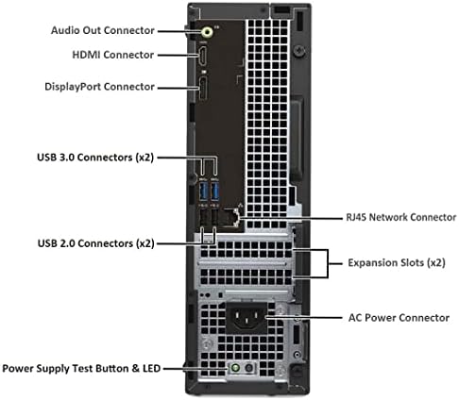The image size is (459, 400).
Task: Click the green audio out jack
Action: coord(207,31)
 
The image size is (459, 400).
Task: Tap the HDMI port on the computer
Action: coord(203,56)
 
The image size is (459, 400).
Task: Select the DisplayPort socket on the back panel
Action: coord(203,89)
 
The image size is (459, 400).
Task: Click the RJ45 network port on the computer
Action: coord(231,217)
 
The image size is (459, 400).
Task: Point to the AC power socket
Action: coord(246,317)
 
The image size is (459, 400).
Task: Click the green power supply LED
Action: coord(235,367)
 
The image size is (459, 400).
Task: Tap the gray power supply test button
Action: coord(248,367)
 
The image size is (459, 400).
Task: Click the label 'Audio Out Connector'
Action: coord(103,30)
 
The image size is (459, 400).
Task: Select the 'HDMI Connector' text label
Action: coord(113,55)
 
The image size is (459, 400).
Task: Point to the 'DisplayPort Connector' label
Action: coord(99,87)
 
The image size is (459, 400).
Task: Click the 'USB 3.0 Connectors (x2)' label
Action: coord(95,158)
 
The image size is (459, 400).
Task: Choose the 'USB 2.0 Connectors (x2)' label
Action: coord(96,243)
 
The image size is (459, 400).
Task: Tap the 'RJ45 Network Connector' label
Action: coord(401,217)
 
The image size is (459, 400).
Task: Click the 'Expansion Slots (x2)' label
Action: coord(397,262)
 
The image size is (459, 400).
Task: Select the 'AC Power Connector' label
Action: coord(399,318)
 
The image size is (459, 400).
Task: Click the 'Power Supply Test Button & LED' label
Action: coord(81,368)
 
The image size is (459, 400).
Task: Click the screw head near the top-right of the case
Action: coord(299,50)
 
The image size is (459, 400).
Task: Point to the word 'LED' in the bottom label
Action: coord(151,368)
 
